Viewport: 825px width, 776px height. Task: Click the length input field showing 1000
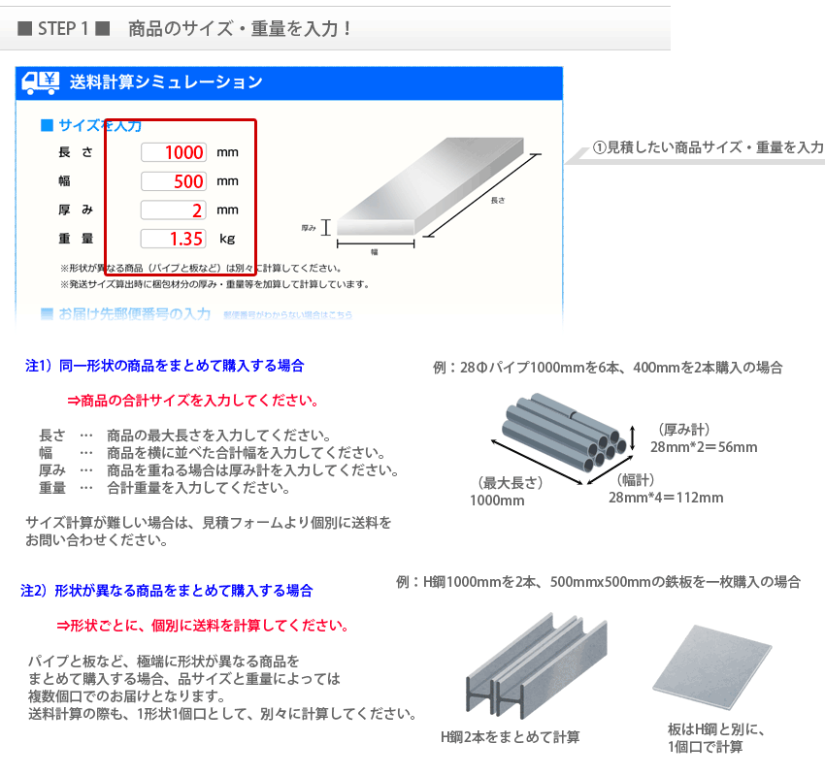point(174,152)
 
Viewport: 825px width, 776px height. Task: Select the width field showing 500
point(174,181)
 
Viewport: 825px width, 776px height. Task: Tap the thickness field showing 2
point(174,210)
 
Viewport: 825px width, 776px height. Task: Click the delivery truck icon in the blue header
point(41,81)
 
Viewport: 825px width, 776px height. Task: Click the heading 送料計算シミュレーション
point(166,82)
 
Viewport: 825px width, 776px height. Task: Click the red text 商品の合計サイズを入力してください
point(192,401)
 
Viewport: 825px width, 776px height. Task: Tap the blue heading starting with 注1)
point(164,366)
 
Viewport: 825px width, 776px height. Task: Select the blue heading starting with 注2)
point(167,590)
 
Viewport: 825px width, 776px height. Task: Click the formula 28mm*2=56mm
point(704,447)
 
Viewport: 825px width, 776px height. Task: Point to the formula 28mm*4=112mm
point(666,498)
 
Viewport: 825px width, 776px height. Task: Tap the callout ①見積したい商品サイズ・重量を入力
point(708,147)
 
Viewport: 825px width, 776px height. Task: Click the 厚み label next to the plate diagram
point(310,227)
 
